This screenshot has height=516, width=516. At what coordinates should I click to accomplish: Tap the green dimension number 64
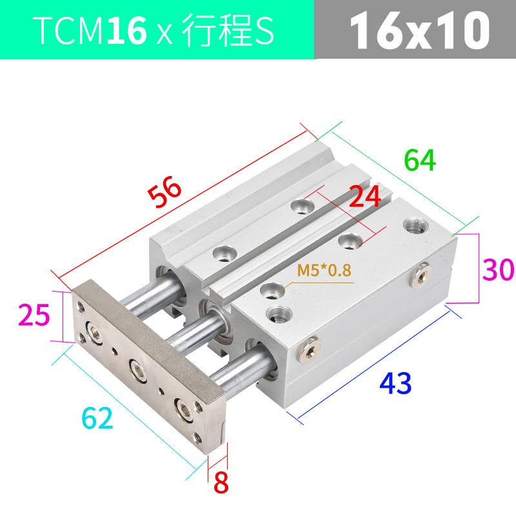point(420,160)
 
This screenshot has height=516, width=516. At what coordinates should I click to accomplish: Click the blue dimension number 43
point(395,384)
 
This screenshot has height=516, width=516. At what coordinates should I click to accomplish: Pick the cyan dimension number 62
point(97,419)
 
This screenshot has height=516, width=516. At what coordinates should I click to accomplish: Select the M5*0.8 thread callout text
point(324,271)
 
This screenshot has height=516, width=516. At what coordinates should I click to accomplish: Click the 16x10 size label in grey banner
point(418,30)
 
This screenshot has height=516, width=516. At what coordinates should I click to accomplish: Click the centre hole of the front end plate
point(137,368)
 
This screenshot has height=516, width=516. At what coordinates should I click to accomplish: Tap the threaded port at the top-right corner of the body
point(412,226)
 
